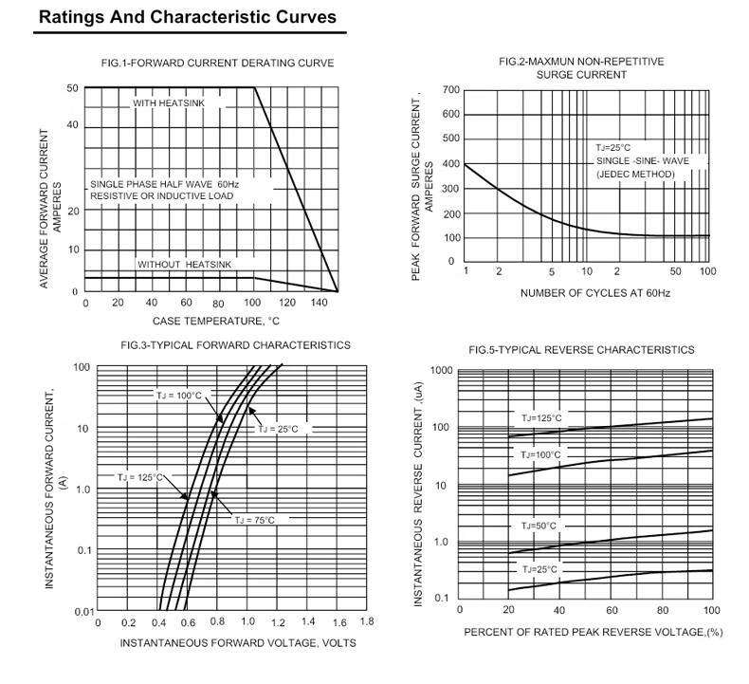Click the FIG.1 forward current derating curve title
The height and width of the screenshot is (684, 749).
217,64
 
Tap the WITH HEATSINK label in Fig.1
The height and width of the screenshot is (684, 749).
168,102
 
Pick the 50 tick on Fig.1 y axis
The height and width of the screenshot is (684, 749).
72,88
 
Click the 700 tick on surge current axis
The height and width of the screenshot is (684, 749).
449,90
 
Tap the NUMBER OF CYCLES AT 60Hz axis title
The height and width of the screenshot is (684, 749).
594,293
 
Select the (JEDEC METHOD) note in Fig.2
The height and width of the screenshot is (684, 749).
635,175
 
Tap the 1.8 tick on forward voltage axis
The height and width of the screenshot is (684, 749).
367,622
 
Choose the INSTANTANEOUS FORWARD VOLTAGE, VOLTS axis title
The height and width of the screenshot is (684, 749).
238,643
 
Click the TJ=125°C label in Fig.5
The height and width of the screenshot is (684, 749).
541,417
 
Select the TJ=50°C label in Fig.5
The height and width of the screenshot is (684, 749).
539,526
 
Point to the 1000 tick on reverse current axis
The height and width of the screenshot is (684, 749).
441,370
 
